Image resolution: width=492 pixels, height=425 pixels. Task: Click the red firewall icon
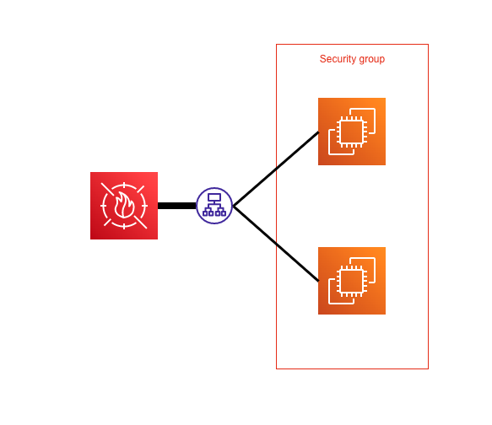click(124, 206)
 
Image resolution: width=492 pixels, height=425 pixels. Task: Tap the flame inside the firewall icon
click(124, 207)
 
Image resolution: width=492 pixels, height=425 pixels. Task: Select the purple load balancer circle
click(214, 206)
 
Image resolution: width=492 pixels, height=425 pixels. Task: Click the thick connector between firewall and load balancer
click(176, 206)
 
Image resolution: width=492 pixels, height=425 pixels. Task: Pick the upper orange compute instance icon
click(352, 132)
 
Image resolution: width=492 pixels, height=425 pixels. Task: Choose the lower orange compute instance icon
click(352, 281)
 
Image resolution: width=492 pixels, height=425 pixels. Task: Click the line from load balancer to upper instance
click(276, 169)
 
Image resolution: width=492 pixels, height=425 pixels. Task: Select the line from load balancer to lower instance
click(276, 244)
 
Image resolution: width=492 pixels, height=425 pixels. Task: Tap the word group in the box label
click(370, 59)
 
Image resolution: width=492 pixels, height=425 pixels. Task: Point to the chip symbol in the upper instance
click(351, 132)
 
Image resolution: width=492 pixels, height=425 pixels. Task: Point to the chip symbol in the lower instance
click(351, 282)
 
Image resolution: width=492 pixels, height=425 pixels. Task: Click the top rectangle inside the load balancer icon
click(214, 197)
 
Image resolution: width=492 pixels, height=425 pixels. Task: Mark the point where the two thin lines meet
click(234, 206)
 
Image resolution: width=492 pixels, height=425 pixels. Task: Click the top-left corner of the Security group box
click(277, 45)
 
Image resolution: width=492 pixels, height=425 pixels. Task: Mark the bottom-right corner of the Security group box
click(428, 369)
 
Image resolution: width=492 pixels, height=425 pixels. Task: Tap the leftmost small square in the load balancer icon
click(205, 213)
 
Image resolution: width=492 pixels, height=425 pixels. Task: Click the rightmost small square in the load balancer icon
click(224, 213)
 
